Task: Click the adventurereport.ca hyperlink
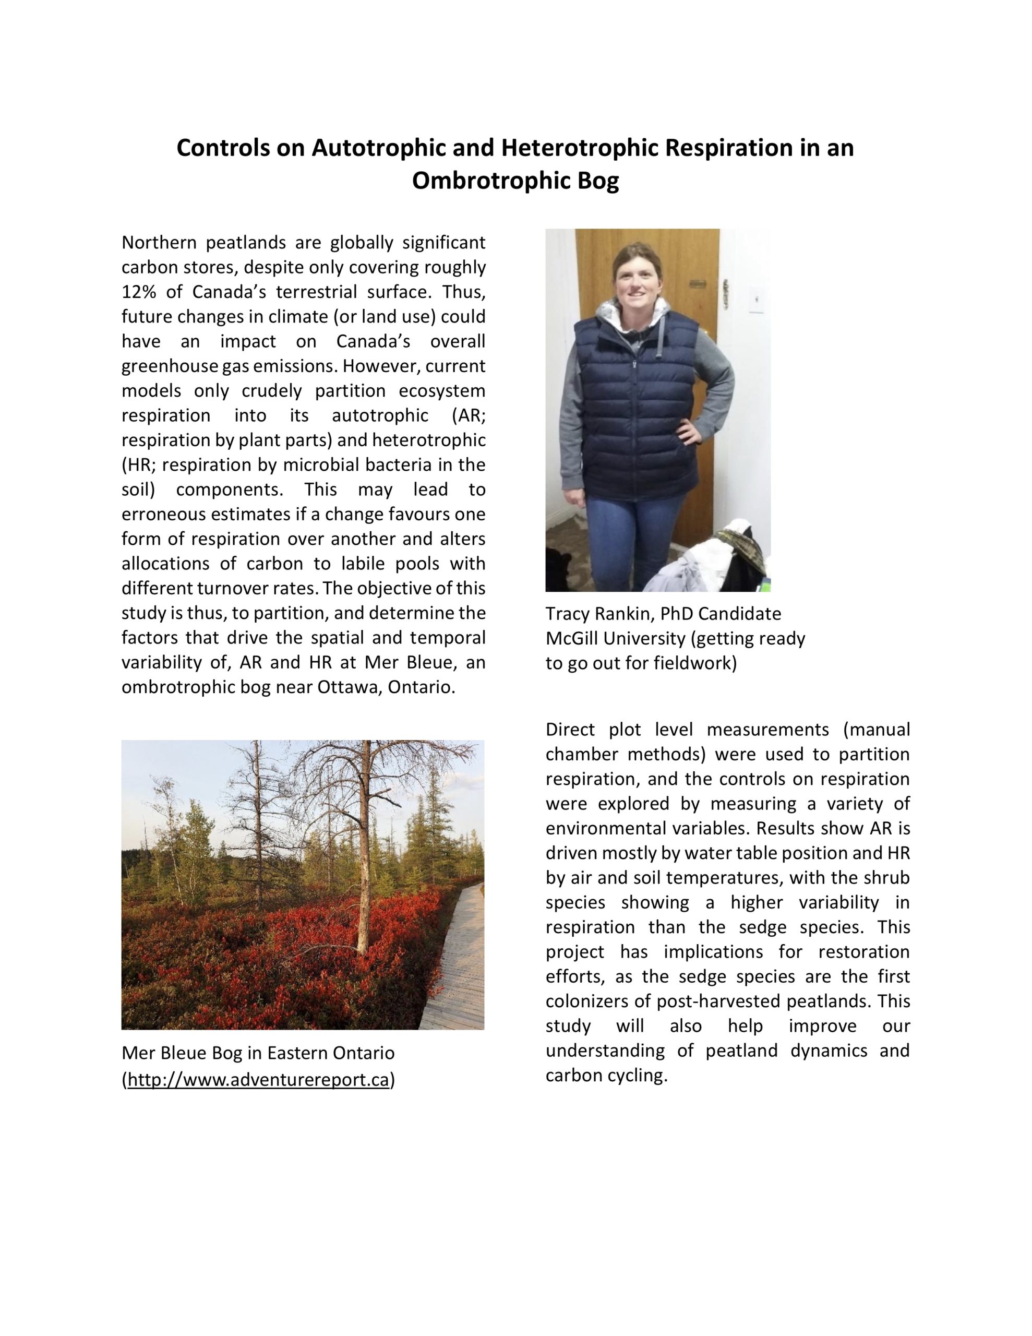258,1080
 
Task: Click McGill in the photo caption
571,639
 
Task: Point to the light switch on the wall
757,299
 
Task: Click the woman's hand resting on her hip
691,436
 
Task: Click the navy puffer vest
631,398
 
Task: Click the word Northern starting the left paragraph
159,243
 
